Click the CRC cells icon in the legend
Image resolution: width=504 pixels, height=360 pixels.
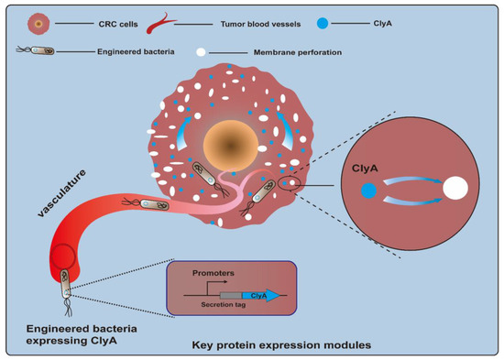click(x=37, y=22)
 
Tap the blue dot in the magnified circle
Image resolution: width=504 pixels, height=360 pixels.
click(x=367, y=191)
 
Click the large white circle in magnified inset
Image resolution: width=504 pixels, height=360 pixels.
click(x=455, y=190)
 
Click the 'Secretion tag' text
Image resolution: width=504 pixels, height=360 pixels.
click(x=213, y=307)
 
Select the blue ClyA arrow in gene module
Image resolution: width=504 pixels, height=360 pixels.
click(x=262, y=295)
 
